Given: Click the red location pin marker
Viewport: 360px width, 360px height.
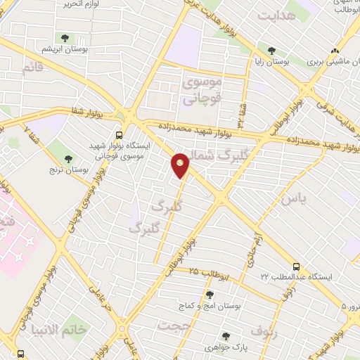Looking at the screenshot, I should click(x=181, y=165).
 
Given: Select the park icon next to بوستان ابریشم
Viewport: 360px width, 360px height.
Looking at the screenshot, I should click(x=65, y=38).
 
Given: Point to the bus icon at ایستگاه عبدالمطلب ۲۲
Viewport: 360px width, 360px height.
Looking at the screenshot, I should click(x=297, y=266).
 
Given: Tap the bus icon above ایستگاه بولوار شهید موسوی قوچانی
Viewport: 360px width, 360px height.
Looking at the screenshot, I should click(x=120, y=134).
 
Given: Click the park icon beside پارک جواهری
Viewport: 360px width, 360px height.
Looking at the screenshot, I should click(x=225, y=336).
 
